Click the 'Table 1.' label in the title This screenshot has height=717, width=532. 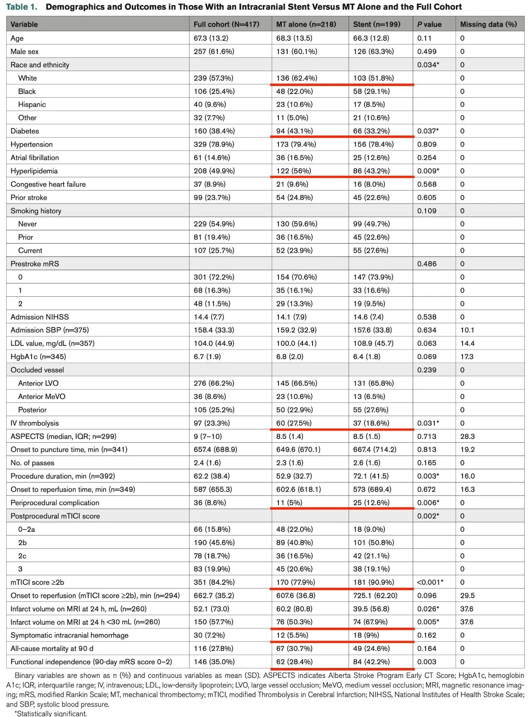click(x=21, y=7)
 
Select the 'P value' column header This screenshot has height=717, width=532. click(x=429, y=25)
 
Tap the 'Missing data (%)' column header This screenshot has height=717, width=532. click(x=488, y=25)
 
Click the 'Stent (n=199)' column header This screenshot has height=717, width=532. click(x=377, y=25)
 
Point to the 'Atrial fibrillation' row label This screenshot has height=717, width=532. click(x=35, y=158)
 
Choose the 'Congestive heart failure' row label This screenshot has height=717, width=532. click(x=48, y=184)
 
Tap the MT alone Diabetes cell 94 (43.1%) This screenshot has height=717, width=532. click(x=294, y=131)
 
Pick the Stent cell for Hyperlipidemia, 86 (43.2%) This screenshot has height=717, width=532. click(x=371, y=171)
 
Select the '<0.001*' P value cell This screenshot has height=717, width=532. click(x=430, y=582)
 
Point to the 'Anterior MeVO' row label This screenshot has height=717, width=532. click(x=42, y=397)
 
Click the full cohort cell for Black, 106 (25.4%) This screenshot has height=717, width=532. click(x=214, y=91)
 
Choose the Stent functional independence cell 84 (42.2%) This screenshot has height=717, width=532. click(x=371, y=662)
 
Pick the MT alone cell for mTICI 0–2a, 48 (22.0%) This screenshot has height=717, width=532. click(x=294, y=529)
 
